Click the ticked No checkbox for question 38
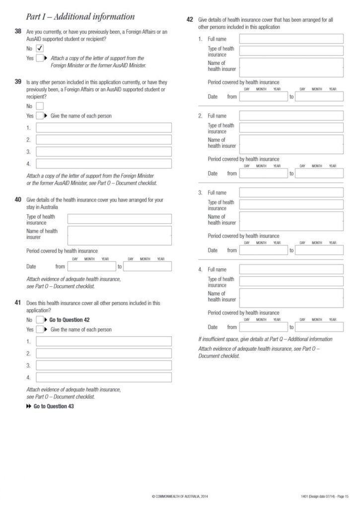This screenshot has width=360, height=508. coord(40,48)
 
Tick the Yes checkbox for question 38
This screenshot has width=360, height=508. coord(40,58)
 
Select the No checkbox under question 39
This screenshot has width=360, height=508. coord(40,106)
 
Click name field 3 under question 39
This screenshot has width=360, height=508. coord(104,152)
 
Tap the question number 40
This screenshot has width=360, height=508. coord(18,199)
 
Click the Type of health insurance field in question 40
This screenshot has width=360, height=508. coord(119,219)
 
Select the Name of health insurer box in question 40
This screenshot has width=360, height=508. coord(119,235)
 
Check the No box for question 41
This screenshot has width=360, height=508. coord(40,320)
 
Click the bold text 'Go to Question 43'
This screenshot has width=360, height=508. coord(54,406)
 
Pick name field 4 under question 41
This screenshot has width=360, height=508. coord(104,377)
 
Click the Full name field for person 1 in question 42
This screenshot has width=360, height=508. coord(291,39)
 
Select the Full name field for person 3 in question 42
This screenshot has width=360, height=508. coord(291,192)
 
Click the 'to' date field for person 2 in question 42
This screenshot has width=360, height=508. coord(319,174)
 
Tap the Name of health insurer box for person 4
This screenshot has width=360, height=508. coord(291,298)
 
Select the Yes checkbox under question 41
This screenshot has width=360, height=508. coord(40,329)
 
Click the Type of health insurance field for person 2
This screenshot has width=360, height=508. coord(291,127)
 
